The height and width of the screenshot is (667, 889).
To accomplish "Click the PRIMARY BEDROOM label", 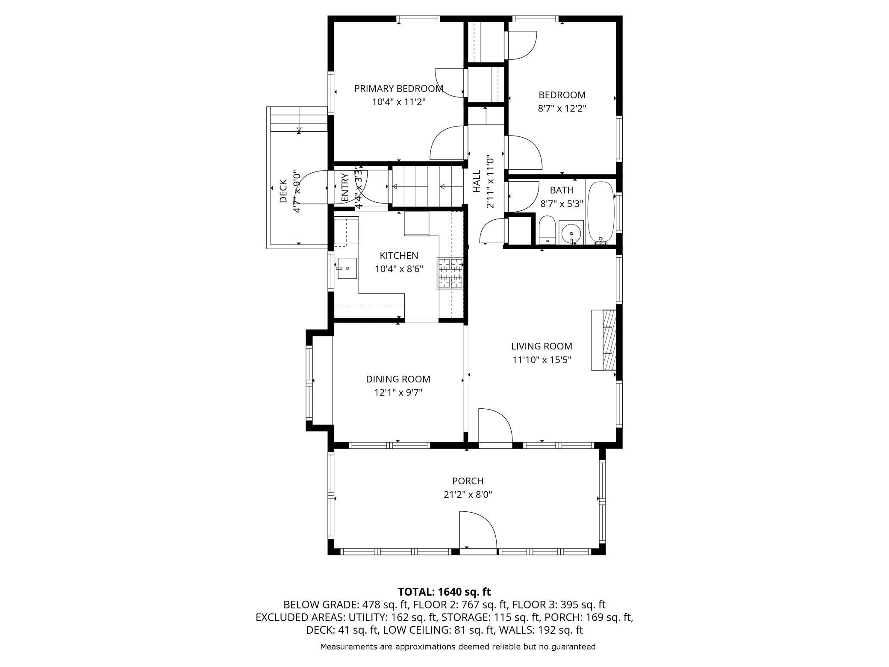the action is pyautogui.click(x=398, y=89).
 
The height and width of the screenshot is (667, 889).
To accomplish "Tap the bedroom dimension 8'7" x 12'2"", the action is pyautogui.click(x=562, y=108).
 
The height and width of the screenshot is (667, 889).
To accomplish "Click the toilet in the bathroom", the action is pyautogui.click(x=547, y=230).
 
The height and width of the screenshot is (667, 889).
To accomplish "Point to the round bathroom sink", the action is pyautogui.click(x=571, y=233).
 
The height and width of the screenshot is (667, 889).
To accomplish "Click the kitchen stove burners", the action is pyautogui.click(x=450, y=273).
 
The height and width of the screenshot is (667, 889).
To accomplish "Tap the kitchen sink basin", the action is pyautogui.click(x=347, y=269).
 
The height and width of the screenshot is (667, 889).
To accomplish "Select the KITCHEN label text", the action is pyautogui.click(x=399, y=256).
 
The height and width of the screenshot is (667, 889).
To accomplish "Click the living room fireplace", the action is pyautogui.click(x=603, y=340).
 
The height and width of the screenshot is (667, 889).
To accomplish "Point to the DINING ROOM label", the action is pyautogui.click(x=398, y=379).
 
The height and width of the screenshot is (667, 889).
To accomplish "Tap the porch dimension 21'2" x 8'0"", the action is pyautogui.click(x=468, y=495).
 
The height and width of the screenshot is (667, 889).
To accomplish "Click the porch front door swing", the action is pyautogui.click(x=478, y=530).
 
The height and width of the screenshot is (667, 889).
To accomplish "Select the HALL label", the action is pyautogui.click(x=477, y=181).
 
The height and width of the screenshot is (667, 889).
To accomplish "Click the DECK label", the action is pyautogui.click(x=283, y=191).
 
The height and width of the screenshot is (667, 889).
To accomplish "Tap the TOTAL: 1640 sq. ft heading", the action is pyautogui.click(x=444, y=592).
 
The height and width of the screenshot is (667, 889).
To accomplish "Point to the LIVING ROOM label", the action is pyautogui.click(x=542, y=346).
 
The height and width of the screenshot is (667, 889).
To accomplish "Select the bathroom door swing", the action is pyautogui.click(x=522, y=196).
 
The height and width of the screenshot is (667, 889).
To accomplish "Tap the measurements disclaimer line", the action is pyautogui.click(x=458, y=646).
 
